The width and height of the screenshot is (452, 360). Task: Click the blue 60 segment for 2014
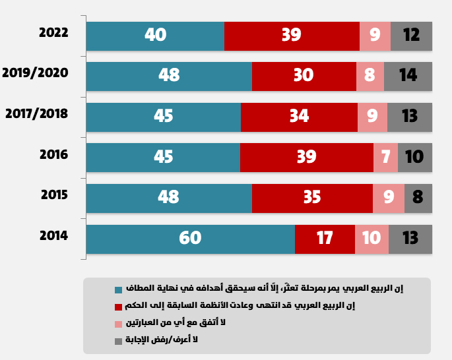[190, 238]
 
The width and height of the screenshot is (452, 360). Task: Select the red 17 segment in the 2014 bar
[325, 238]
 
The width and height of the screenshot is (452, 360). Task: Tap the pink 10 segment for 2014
[371, 238]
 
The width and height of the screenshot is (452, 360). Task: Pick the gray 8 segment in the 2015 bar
[418, 197]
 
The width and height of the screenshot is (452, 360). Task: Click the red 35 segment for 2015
[312, 197]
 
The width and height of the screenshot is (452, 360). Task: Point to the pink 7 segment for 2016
[385, 157]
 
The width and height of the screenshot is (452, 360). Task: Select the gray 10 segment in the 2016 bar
[414, 157]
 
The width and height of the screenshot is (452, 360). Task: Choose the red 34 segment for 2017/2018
[299, 116]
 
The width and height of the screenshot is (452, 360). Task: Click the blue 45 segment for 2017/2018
[163, 116]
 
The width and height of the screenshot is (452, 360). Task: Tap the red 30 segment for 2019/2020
[304, 75]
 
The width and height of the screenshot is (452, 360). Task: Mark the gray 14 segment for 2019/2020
[408, 75]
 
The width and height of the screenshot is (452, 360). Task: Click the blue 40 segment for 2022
[155, 35]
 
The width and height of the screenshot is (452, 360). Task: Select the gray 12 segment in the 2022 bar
[411, 35]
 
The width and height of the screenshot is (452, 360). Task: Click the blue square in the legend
[118, 290]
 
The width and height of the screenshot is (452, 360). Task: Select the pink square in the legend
[118, 324]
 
